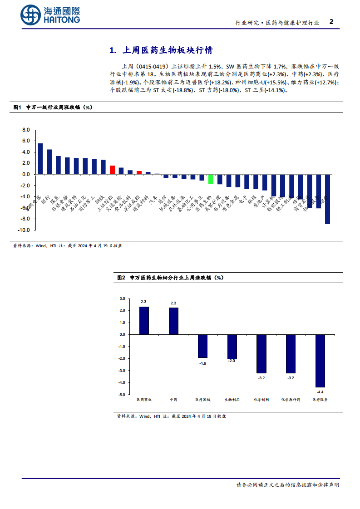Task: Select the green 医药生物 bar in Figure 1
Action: click(211, 179)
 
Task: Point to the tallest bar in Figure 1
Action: click(40, 159)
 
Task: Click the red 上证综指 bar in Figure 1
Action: click(112, 170)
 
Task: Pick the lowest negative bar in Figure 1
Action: click(327, 199)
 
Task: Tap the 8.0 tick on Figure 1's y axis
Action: click(26, 130)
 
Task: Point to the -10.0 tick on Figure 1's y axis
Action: click(25, 230)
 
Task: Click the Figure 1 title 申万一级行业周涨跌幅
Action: click(59, 108)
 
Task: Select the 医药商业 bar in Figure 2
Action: click(144, 321)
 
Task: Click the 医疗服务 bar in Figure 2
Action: click(320, 361)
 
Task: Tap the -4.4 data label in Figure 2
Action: click(320, 392)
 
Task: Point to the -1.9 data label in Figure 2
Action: click(202, 363)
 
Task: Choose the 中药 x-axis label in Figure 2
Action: click(173, 400)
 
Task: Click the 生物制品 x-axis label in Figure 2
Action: click(232, 400)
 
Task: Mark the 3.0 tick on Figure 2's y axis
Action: click(122, 299)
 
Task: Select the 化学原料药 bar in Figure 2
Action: click(291, 353)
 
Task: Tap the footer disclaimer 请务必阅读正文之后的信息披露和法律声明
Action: click(287, 485)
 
